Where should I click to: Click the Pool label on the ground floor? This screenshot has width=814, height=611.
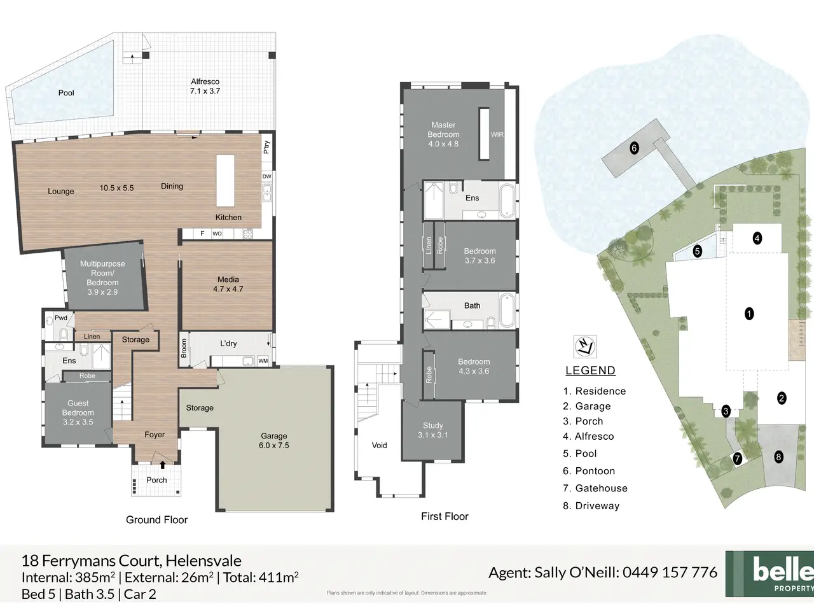pyautogui.click(x=66, y=93)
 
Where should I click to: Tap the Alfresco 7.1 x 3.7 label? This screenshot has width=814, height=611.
pyautogui.click(x=205, y=86)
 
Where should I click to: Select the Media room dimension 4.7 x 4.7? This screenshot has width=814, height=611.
pyautogui.click(x=228, y=289)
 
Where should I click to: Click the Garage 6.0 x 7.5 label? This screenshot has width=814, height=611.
pyautogui.click(x=274, y=440)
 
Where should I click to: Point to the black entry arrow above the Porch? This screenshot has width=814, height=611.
pyautogui.click(x=162, y=465)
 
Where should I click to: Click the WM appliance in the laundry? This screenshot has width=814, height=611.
pyautogui.click(x=263, y=361)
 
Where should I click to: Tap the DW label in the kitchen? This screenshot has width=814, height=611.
pyautogui.click(x=266, y=176)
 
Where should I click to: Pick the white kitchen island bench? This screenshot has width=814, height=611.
pyautogui.click(x=226, y=181)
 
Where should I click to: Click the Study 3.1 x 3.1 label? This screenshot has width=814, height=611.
pyautogui.click(x=433, y=430)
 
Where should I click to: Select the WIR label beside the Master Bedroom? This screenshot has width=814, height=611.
pyautogui.click(x=497, y=134)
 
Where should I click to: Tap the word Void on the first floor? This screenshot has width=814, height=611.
pyautogui.click(x=380, y=445)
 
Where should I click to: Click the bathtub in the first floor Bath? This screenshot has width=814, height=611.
pyautogui.click(x=507, y=310)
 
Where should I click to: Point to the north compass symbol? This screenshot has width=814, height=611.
pyautogui.click(x=585, y=346)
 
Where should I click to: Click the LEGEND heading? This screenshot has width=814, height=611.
pyautogui.click(x=590, y=370)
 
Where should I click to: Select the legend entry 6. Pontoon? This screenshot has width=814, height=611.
pyautogui.click(x=589, y=471)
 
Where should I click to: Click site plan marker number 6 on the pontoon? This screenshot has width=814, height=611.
pyautogui.click(x=634, y=148)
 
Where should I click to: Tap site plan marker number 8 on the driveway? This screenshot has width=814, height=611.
pyautogui.click(x=778, y=457)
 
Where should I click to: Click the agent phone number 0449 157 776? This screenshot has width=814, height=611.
pyautogui.click(x=670, y=572)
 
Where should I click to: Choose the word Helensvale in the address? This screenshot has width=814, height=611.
pyautogui.click(x=203, y=560)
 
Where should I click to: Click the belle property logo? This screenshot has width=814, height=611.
pyautogui.click(x=770, y=573)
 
